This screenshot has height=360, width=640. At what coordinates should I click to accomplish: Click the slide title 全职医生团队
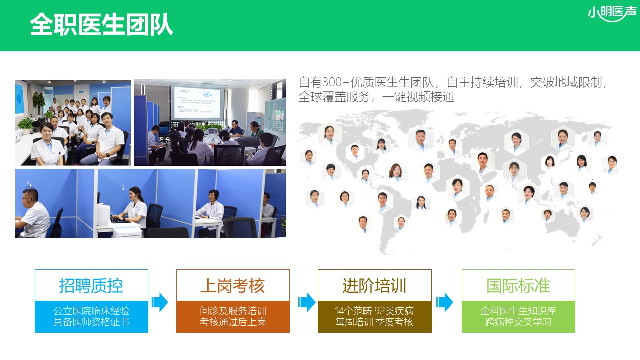pos(101,24)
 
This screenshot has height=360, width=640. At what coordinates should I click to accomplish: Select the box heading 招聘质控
pos(91,286)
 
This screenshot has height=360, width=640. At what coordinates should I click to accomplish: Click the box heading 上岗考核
pos(233,286)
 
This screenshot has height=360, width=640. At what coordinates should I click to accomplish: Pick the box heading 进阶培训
pos(374,286)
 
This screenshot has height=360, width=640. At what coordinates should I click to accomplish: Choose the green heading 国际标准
pos(518,286)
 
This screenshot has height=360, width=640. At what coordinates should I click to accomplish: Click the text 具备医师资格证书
pos(91,322)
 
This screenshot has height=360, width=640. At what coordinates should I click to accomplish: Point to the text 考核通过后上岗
pos(233,322)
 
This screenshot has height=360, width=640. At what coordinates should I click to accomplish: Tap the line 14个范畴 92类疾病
pos(374,311)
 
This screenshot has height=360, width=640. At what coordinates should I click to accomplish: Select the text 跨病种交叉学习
pos(518,322)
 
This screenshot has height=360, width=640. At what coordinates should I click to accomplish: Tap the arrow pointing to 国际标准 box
pos(444,302)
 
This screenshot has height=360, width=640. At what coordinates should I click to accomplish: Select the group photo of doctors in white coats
pos(73,122)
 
